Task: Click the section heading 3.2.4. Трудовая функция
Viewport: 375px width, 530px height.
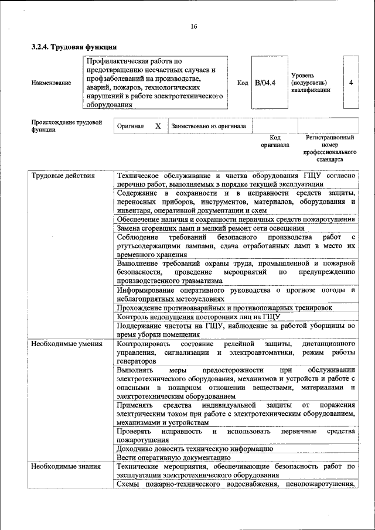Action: [74, 47]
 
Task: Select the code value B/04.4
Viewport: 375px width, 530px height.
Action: [265, 83]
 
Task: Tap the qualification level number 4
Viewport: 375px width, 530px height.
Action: [350, 83]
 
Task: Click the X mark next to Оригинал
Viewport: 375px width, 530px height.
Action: [158, 126]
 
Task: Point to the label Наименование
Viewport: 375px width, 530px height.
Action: [52, 83]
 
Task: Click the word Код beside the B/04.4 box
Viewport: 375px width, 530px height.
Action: [243, 83]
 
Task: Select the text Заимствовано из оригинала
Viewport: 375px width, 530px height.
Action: [208, 126]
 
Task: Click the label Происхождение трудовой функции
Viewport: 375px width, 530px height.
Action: [66, 126]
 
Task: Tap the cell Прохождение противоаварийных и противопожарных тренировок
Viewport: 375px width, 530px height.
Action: [224, 307]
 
